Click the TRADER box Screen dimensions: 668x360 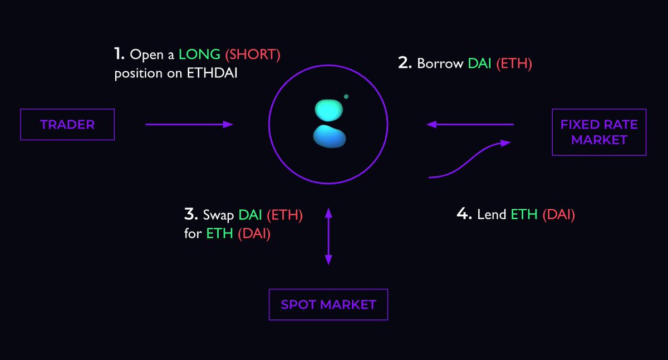coord(67,125)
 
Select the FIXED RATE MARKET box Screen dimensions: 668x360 coord(599,132)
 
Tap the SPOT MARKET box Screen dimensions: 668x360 coord(328,304)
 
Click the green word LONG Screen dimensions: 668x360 coord(199,55)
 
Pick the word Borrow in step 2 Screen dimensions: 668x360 coord(440,63)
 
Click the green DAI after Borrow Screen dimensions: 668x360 coord(480,63)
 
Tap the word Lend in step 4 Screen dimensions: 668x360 coord(492,215)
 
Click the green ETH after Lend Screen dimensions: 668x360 coord(524,215)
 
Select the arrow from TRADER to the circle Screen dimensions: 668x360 coord(189,125)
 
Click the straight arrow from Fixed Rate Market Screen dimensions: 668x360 coord(470,125)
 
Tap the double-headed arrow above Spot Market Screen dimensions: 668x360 coord(328,236)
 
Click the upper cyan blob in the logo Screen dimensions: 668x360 coord(330,110)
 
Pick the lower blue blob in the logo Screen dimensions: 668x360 coord(330,137)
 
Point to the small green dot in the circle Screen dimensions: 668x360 coord(346,96)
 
